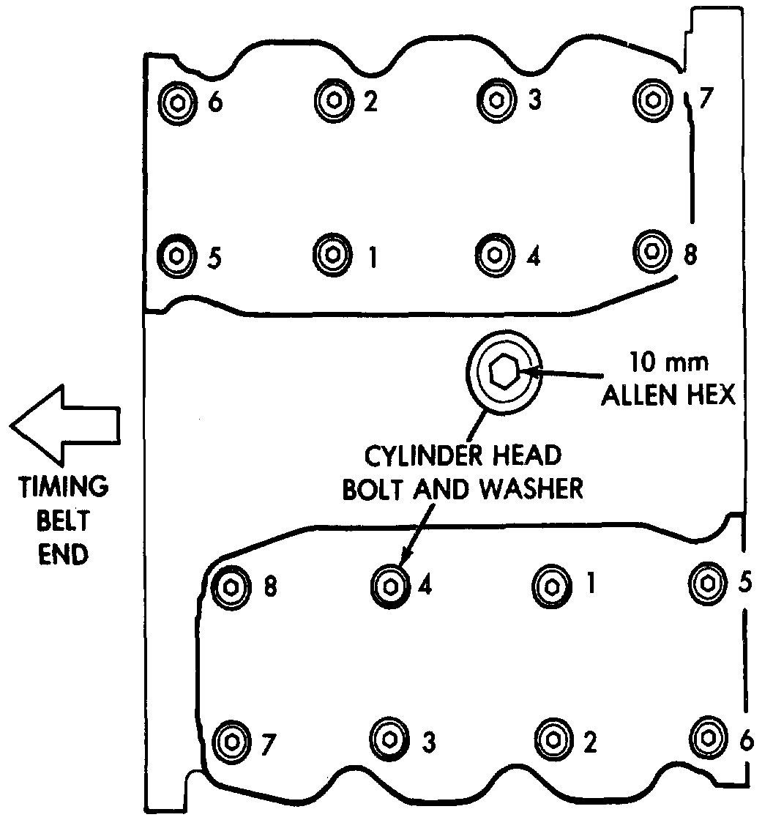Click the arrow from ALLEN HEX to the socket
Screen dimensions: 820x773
click(x=564, y=374)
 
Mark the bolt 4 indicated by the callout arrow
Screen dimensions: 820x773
click(x=389, y=585)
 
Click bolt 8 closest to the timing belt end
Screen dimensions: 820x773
click(x=231, y=586)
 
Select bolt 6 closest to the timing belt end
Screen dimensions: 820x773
click(x=176, y=101)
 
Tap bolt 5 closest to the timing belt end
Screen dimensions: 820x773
click(x=176, y=256)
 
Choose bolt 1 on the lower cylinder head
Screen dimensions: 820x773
click(x=550, y=585)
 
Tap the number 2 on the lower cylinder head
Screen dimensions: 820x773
click(x=589, y=742)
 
